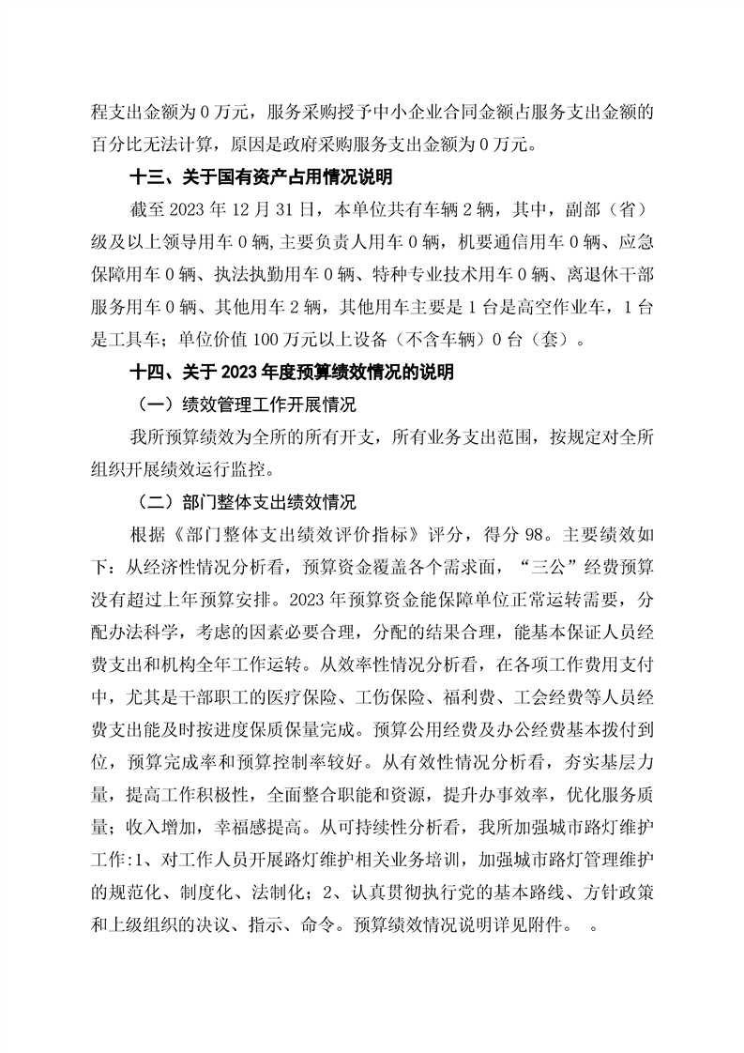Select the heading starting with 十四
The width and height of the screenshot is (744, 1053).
coord(292,373)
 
